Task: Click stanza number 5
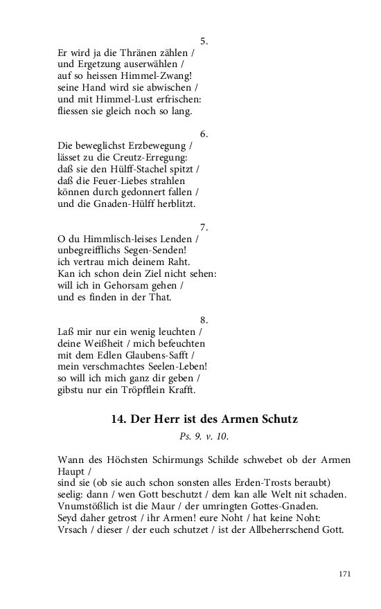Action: point(204,42)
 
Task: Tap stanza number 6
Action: point(204,134)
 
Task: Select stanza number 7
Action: point(204,227)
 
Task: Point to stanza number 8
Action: point(204,320)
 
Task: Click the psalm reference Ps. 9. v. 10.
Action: point(204,437)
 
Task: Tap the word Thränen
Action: point(140,53)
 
